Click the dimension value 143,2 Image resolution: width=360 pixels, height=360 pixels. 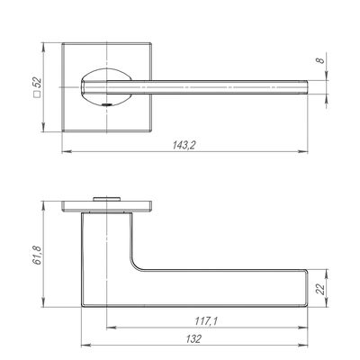(x=184, y=145)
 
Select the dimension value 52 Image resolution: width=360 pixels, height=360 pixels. (x=37, y=82)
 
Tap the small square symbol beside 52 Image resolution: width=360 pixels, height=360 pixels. (x=37, y=94)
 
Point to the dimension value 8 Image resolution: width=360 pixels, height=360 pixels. (x=320, y=59)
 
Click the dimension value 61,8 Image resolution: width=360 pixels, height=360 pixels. (x=37, y=256)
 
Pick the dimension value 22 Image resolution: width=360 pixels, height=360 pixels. (x=321, y=289)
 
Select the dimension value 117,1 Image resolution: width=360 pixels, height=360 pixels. (x=206, y=321)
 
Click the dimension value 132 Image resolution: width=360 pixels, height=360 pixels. (x=193, y=339)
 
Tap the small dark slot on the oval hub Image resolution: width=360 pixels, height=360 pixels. (x=107, y=104)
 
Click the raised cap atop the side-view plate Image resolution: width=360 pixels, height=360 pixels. (x=106, y=199)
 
